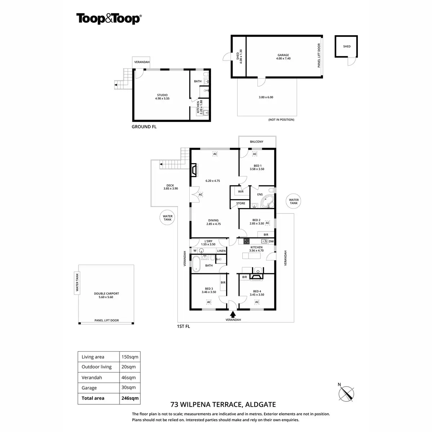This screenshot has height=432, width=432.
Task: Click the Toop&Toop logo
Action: click(108, 19)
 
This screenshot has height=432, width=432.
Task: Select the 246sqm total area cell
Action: click(130, 398)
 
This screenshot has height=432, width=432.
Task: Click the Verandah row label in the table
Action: click(92, 378)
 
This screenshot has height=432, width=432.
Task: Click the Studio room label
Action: click(162, 96)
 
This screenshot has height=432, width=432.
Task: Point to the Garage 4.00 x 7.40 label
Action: click(283, 57)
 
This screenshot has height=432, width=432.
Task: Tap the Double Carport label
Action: click(106, 295)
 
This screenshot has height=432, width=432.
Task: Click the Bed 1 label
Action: click(257, 167)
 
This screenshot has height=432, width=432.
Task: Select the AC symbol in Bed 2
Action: click(267, 223)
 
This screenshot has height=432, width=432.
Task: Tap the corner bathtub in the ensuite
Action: click(267, 202)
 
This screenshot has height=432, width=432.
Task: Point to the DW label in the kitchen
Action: click(271, 241)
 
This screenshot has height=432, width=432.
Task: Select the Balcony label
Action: click(257, 142)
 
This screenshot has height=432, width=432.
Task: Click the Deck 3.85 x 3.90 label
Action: click(170, 187)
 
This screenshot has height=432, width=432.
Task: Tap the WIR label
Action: click(240, 192)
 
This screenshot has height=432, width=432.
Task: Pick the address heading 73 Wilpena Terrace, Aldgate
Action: click(223, 405)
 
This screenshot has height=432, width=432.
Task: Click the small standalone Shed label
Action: click(347, 46)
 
